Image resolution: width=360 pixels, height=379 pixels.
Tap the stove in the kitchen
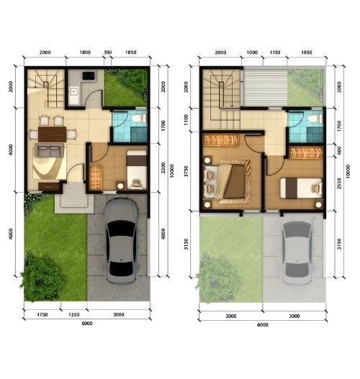click(x=89, y=76)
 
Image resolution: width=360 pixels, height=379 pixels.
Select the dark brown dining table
click(x=52, y=134)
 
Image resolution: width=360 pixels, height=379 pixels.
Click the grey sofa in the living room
click(x=49, y=150)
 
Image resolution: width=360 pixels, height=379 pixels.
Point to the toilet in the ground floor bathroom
click(x=140, y=118)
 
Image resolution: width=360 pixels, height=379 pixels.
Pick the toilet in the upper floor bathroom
click(x=315, y=119)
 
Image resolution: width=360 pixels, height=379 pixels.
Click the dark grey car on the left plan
click(x=122, y=240)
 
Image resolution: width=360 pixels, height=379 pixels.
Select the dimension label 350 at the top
click(x=108, y=52)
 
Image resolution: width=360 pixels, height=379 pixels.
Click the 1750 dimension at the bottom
click(x=42, y=315)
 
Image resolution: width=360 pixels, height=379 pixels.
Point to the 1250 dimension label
click(x=73, y=315)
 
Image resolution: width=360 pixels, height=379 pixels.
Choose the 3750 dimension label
click(x=186, y=171)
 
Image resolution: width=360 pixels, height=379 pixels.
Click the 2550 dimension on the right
click(x=339, y=183)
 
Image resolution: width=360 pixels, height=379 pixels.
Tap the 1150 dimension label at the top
click(x=275, y=52)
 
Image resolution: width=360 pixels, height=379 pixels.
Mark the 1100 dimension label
click(x=186, y=120)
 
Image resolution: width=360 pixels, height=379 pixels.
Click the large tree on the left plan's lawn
click(x=42, y=277)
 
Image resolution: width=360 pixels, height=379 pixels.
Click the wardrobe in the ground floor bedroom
click(x=96, y=177)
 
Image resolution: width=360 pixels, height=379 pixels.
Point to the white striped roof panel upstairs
click(x=266, y=88)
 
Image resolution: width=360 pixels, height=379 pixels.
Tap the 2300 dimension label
click(x=163, y=168)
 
